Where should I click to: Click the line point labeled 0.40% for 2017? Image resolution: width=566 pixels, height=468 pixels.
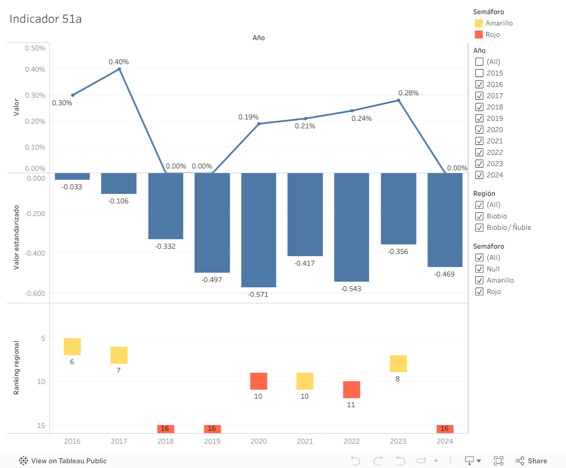coord(119,69)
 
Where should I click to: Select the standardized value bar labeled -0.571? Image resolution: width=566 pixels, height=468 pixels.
coord(258,230)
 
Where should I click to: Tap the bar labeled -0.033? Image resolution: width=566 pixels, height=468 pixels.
coord(72,176)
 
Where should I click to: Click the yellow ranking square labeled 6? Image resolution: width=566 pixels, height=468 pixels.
coord(72,347)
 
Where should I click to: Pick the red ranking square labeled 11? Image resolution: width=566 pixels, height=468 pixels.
coord(351,390)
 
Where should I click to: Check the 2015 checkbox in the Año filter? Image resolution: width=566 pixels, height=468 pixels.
coord(479,73)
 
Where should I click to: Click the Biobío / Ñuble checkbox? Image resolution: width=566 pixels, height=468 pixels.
coord(479,227)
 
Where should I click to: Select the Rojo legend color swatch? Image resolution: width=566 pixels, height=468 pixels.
coord(479,34)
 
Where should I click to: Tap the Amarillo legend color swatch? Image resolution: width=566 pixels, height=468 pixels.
coord(479,23)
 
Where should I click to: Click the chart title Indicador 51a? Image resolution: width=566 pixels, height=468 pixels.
coord(46,19)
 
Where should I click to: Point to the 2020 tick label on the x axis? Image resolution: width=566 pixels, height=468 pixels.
coord(258,442)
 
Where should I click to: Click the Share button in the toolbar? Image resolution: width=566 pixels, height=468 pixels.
coord(532,461)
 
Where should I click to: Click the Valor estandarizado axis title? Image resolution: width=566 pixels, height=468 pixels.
coord(17,237)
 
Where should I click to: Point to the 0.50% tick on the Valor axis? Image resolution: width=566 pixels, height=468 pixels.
coord(35,48)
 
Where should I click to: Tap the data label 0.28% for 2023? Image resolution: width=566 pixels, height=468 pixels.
coord(408,93)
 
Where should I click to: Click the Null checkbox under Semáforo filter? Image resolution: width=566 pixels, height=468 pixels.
coord(479,269)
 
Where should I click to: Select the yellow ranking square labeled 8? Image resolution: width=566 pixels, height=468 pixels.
coord(398,364)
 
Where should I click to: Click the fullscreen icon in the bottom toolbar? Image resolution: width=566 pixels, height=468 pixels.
coord(499,461)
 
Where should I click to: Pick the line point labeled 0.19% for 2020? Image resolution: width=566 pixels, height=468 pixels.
coord(259,124)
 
